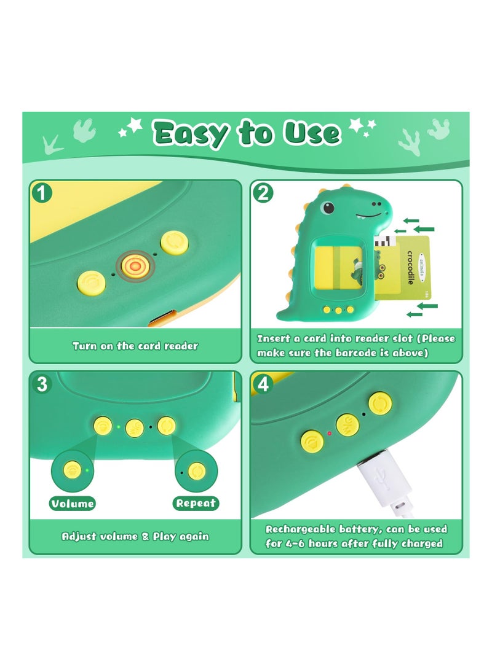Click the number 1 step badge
[x=41, y=193]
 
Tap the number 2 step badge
[x=263, y=193]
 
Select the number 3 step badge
[x=41, y=384]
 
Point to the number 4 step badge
[x=263, y=384]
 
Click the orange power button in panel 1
[x=135, y=266]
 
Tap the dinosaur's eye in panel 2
[x=328, y=208]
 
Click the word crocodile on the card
[x=410, y=268]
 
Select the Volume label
[x=73, y=504]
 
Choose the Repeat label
[x=196, y=504]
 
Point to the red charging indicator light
[x=329, y=434]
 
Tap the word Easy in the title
[x=191, y=133]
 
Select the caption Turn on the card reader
[x=135, y=346]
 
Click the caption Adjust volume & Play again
[x=135, y=536]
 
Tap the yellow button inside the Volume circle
[x=73, y=470]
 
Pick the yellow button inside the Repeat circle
[x=197, y=472]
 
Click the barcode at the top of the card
[x=386, y=241]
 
